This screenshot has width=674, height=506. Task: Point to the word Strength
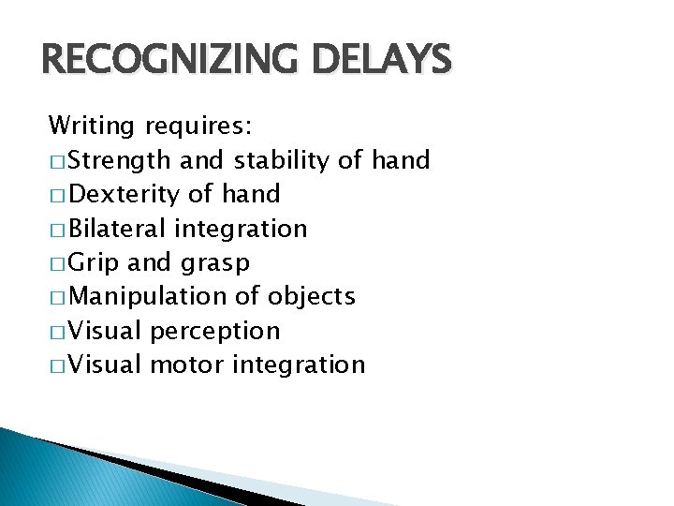[x=120, y=160]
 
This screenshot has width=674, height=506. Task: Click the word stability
[x=282, y=160]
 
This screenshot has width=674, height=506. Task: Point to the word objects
[x=311, y=297]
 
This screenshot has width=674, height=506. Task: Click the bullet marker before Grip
[x=56, y=263]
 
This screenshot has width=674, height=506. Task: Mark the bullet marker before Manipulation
[x=56, y=297]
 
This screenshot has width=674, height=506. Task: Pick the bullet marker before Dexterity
[x=56, y=195]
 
